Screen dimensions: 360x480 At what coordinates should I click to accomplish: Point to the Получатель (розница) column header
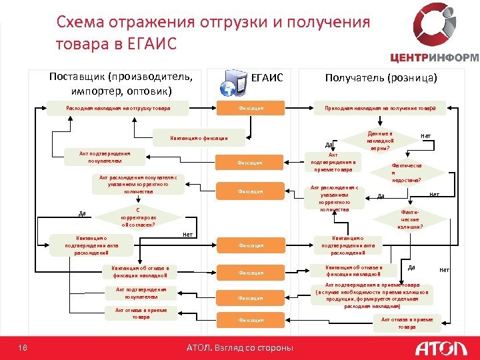click(x=381, y=78)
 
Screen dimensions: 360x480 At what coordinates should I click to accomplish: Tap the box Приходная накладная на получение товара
click(x=380, y=108)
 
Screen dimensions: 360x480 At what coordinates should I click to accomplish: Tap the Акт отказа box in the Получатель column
click(x=407, y=323)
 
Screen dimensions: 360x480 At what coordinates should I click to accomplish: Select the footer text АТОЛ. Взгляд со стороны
click(x=239, y=347)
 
